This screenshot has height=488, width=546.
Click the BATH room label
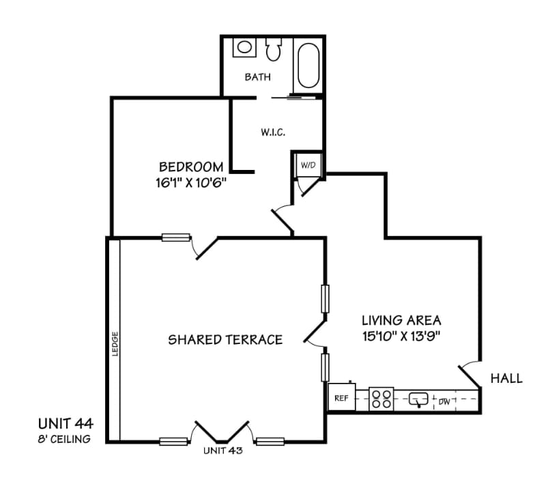point(257,77)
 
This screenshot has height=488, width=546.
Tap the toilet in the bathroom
point(274,48)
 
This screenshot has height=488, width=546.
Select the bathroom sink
point(243,48)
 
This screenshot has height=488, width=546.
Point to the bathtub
point(308,66)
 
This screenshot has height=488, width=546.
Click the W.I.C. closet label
point(272,132)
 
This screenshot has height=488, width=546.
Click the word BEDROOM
point(191,167)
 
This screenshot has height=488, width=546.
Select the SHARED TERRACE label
point(225,340)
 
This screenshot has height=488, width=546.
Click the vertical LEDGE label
point(115,343)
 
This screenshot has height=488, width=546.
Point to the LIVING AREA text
point(401,319)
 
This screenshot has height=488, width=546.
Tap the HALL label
point(506,378)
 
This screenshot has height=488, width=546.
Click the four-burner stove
point(382,399)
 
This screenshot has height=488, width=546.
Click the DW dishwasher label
point(444,401)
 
